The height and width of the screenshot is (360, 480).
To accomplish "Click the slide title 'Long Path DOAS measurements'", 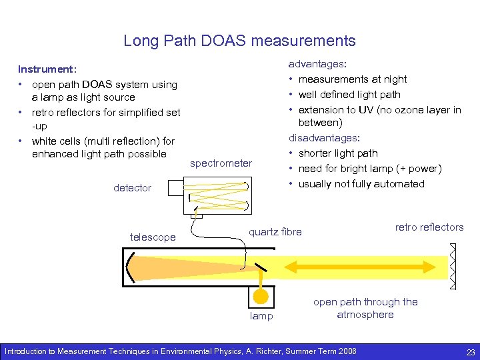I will coord(239,41).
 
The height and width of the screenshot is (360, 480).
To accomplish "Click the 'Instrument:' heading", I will coord(47,69).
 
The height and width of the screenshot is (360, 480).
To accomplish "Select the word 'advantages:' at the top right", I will coord(317,64).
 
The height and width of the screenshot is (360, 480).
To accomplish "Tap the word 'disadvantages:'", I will coord(324,138).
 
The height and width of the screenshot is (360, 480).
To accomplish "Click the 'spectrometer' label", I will coord(221,163).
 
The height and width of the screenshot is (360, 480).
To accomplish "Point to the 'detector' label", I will coord(132,188).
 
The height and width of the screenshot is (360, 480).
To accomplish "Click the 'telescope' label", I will coord(153,237).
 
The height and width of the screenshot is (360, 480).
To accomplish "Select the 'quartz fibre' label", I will coord(275,232).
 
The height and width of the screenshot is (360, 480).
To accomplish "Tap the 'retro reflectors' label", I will coord(429,227).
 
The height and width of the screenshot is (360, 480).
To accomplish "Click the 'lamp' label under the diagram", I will coord(261,316).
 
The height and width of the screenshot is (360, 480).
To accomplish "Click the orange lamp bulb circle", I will coord(261,296).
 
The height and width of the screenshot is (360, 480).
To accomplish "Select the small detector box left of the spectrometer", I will coord(174,187).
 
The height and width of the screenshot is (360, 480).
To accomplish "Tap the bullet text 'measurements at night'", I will coord(353,79).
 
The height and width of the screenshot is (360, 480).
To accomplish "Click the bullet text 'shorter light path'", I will coord(338,153).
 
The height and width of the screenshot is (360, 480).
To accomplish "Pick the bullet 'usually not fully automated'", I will coord(361,184).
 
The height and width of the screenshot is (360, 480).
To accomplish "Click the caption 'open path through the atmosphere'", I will coord(365,308).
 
